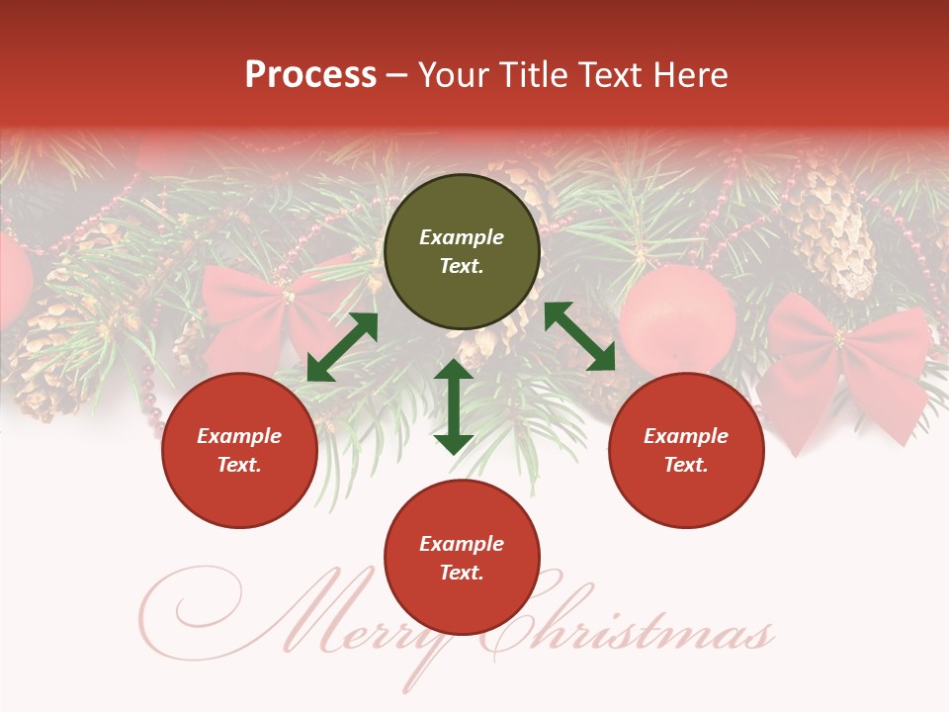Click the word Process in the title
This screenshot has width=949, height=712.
pyautogui.click(x=310, y=75)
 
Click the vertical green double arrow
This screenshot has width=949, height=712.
pyautogui.click(x=454, y=406)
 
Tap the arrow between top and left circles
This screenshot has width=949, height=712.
pyautogui.click(x=342, y=347)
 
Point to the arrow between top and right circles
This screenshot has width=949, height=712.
pyautogui.click(x=579, y=336)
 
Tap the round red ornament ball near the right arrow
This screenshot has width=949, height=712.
pyautogui.click(x=677, y=316)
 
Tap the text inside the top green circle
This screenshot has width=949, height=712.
pyautogui.click(x=462, y=252)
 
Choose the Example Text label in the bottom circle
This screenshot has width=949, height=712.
pyautogui.click(x=462, y=558)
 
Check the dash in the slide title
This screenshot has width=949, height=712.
pyautogui.click(x=396, y=75)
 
